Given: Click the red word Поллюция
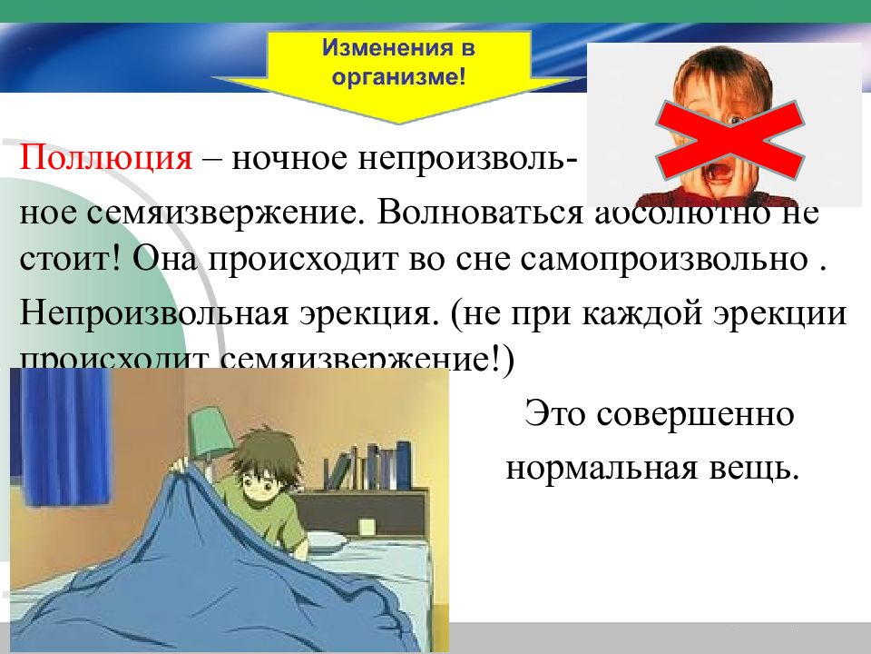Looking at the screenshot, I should click(107, 159).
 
